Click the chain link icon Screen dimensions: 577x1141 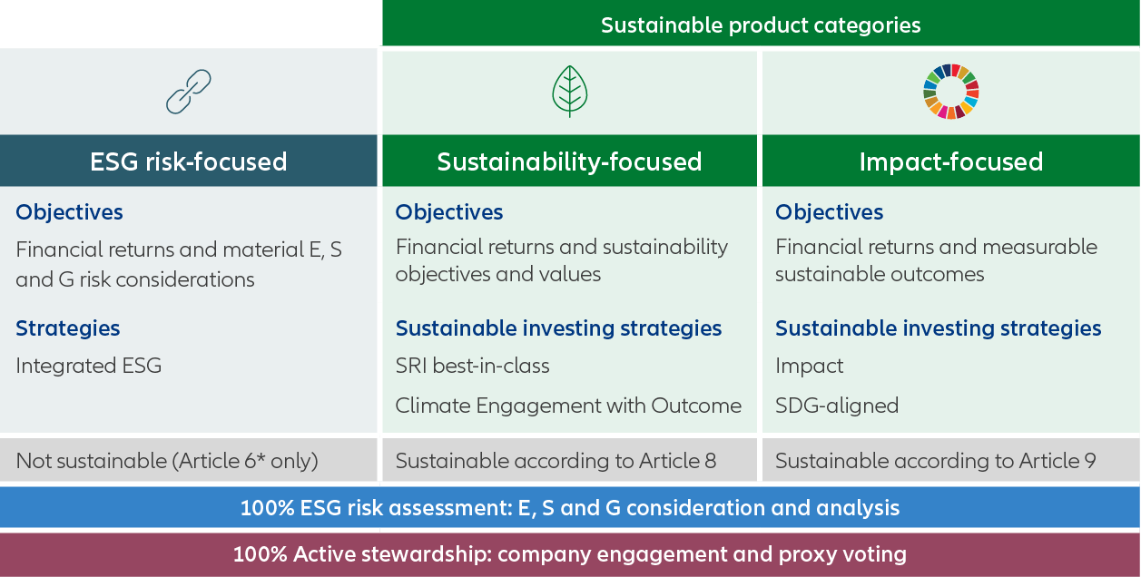pyautogui.click(x=188, y=92)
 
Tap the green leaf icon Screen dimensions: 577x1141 pyautogui.click(x=569, y=92)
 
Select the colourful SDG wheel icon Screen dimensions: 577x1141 pyautogui.click(x=950, y=92)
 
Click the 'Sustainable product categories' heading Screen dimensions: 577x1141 pyautogui.click(x=761, y=25)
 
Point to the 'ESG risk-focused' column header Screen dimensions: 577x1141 pyautogui.click(x=189, y=161)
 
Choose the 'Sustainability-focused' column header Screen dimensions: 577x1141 pyautogui.click(x=569, y=161)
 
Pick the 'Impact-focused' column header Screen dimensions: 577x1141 pyautogui.click(x=950, y=161)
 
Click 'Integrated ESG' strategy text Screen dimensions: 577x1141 pyautogui.click(x=88, y=366)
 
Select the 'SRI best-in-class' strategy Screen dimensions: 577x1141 pyautogui.click(x=472, y=366)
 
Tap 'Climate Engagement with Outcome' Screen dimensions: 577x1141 pyautogui.click(x=568, y=406)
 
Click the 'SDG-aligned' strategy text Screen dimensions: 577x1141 pyautogui.click(x=836, y=406)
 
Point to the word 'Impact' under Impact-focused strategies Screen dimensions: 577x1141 pyautogui.click(x=809, y=366)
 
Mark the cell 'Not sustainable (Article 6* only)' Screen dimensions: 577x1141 pyautogui.click(x=167, y=461)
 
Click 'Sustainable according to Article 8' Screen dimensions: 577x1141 pyautogui.click(x=556, y=461)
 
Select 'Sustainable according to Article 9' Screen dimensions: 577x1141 pyautogui.click(x=935, y=461)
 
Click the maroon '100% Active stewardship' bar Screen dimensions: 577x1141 pyautogui.click(x=570, y=554)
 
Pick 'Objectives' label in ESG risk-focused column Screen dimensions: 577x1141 pyautogui.click(x=69, y=212)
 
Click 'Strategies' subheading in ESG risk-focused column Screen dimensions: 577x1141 pyautogui.click(x=67, y=328)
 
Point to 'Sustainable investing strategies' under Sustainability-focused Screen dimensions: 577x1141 pyautogui.click(x=558, y=328)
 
